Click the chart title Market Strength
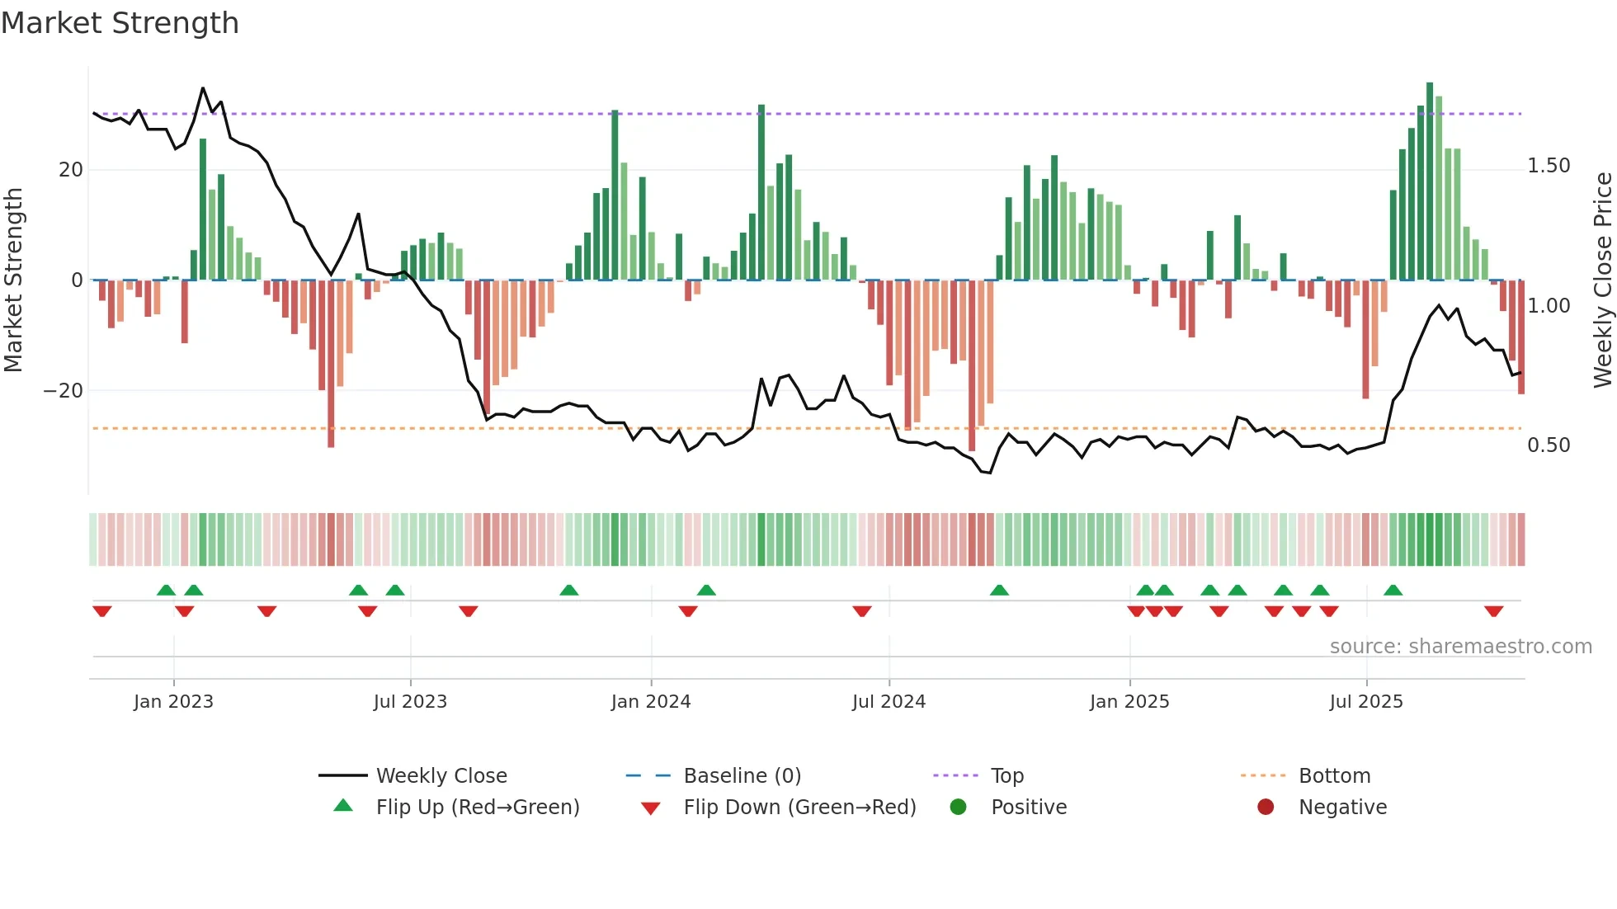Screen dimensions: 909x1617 [x=120, y=23]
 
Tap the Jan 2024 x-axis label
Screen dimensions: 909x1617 [x=650, y=702]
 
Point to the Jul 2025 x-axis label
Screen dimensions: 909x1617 [x=1365, y=702]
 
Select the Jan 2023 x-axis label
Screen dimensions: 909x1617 [x=173, y=702]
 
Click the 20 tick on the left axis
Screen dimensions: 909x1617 [x=71, y=170]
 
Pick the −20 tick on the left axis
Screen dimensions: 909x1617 [x=64, y=390]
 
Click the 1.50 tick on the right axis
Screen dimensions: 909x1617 [x=1549, y=166]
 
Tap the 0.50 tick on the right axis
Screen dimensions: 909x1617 [x=1549, y=445]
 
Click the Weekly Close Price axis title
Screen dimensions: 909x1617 [x=1602, y=280]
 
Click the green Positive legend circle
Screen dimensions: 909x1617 [x=958, y=808]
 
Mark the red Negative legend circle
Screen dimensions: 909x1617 [x=1266, y=808]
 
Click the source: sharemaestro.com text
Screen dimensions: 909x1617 [x=1460, y=647]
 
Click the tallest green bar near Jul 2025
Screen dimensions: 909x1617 [x=1430, y=181]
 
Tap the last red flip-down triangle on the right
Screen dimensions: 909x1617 [x=1493, y=611]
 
